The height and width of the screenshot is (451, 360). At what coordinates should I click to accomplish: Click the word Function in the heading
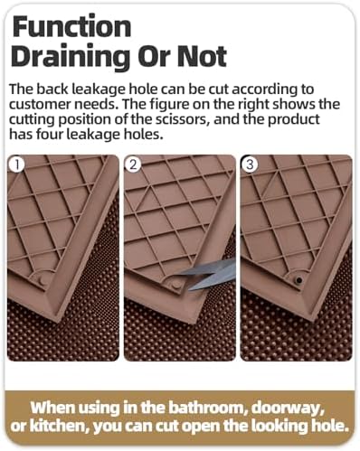tap(71, 26)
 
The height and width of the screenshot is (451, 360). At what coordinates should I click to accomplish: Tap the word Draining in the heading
tap(72, 57)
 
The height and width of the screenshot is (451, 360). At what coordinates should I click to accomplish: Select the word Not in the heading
tap(202, 56)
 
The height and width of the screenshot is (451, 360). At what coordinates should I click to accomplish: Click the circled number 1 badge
tap(17, 164)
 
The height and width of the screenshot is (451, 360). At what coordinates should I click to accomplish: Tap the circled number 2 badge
tap(133, 164)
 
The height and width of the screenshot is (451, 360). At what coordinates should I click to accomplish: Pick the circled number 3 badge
tap(250, 164)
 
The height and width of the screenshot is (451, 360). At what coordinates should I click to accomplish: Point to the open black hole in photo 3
tap(298, 280)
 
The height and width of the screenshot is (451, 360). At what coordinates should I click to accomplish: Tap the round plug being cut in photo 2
tap(175, 284)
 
